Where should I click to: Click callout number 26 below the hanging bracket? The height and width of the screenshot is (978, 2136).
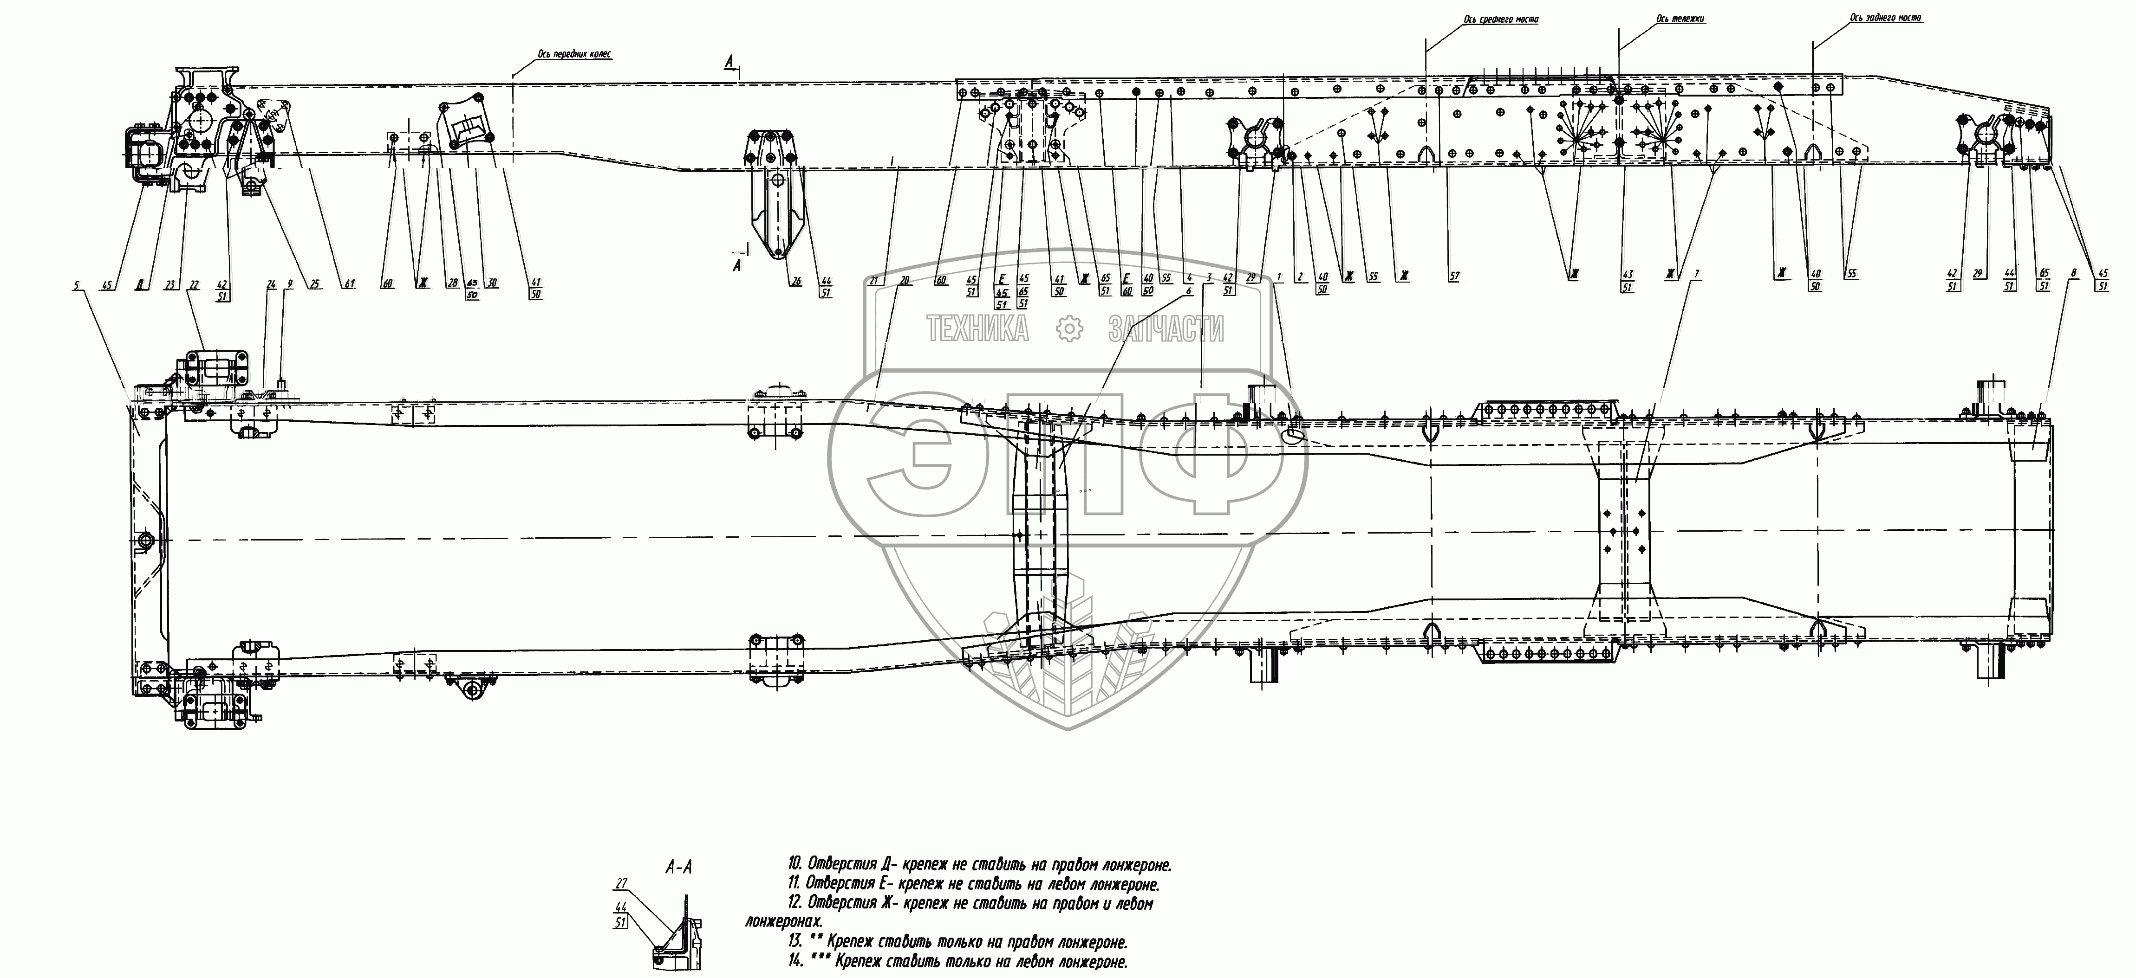pos(796,282)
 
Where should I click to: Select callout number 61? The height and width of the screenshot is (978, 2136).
pos(350,284)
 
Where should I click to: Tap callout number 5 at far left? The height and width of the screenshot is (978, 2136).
pos(77,286)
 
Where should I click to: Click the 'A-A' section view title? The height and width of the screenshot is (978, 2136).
pos(679,868)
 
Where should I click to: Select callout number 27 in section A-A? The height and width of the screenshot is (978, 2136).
pos(622,883)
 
